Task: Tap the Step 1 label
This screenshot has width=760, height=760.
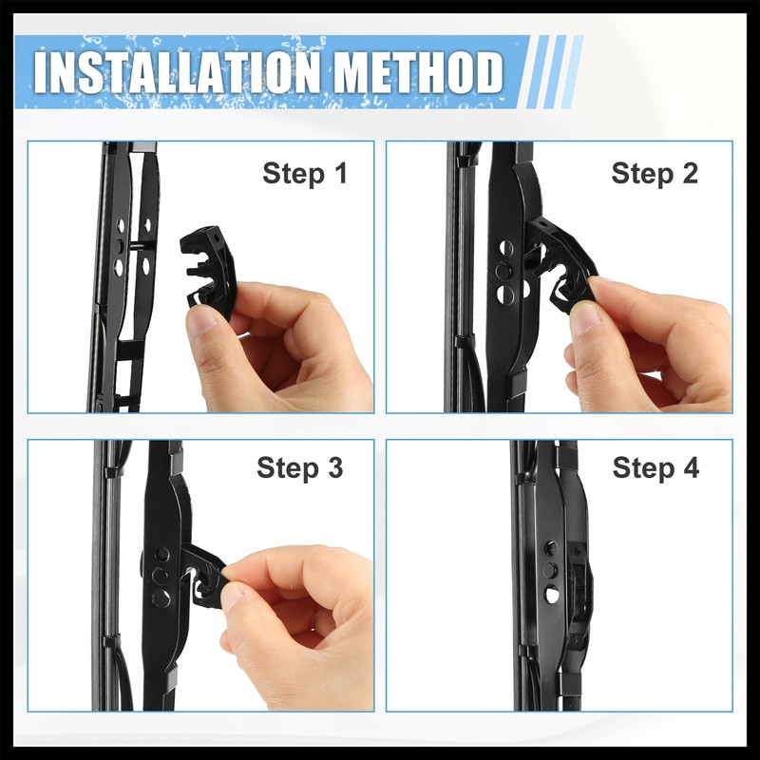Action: (305, 174)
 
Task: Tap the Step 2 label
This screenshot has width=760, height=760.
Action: (655, 174)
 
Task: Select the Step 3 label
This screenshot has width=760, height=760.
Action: (299, 468)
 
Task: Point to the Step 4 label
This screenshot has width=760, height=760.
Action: (655, 468)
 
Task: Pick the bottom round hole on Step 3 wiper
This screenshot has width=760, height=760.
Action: (161, 598)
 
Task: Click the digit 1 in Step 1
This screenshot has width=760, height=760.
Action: (338, 174)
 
